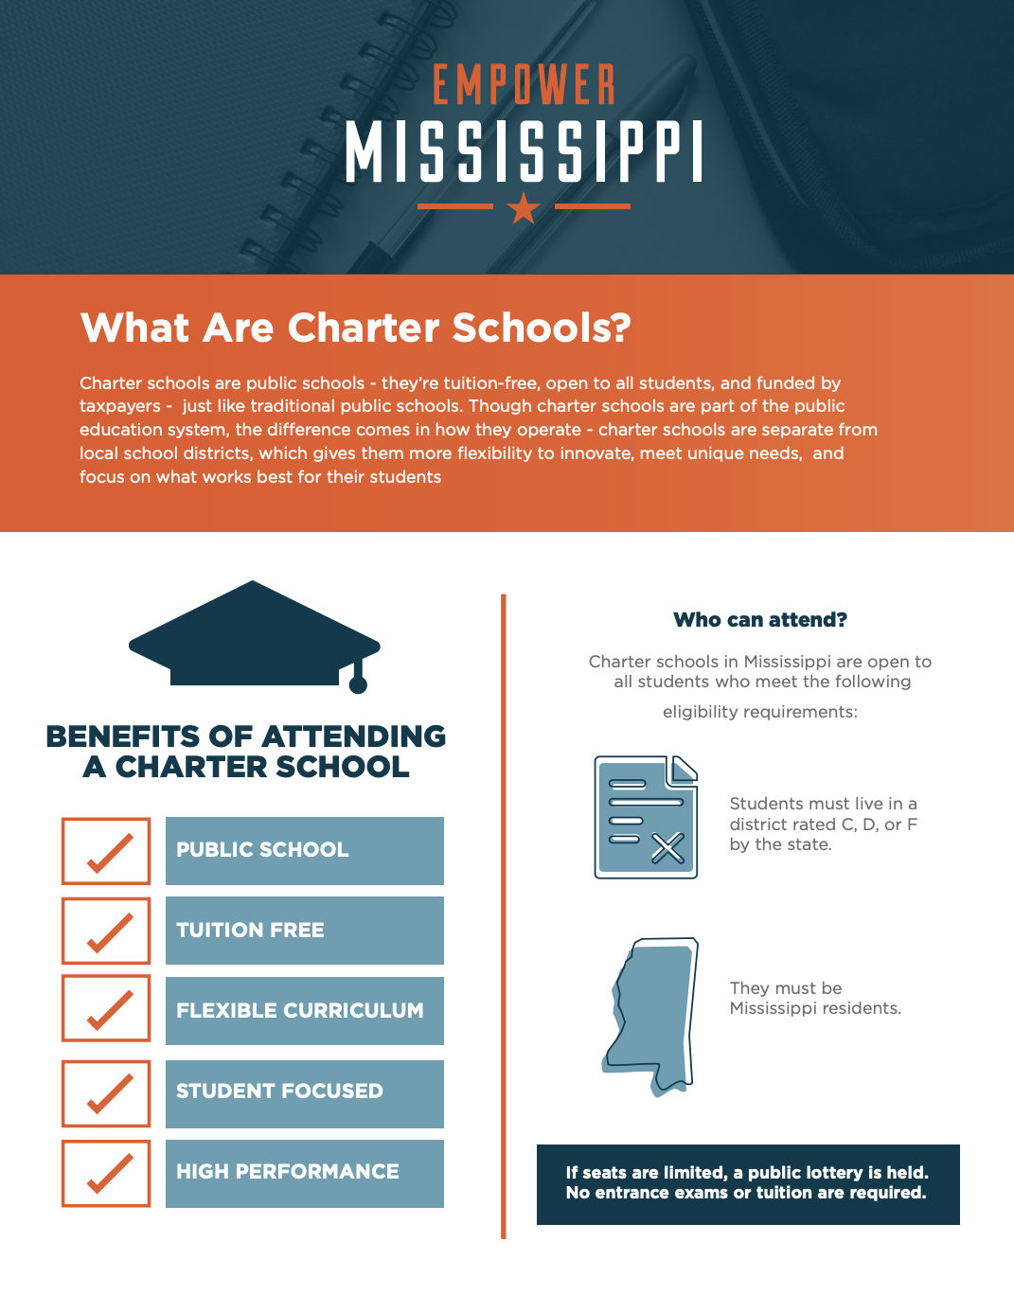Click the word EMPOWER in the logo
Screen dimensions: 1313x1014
tap(524, 85)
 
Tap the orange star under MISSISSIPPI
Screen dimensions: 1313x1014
tap(524, 206)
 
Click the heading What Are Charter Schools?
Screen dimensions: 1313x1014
tap(355, 328)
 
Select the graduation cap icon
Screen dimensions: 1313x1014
tap(254, 634)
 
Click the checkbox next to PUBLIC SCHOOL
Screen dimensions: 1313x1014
tap(106, 851)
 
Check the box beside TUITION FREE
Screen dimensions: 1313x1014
tap(106, 931)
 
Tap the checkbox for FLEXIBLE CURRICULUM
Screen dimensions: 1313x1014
tap(106, 1008)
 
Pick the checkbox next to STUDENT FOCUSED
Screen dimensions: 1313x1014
tap(106, 1093)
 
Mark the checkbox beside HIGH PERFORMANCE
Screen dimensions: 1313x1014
tap(106, 1173)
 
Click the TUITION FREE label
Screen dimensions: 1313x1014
tap(251, 931)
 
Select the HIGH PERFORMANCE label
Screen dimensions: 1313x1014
tap(288, 1172)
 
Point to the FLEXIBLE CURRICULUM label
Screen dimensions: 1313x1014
tap(299, 1011)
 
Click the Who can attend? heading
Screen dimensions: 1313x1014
tap(760, 620)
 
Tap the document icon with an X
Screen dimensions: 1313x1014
tap(646, 816)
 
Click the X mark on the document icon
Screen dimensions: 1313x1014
tap(667, 848)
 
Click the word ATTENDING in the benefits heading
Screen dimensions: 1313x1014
tap(354, 736)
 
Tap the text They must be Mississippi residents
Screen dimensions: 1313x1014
tap(814, 998)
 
